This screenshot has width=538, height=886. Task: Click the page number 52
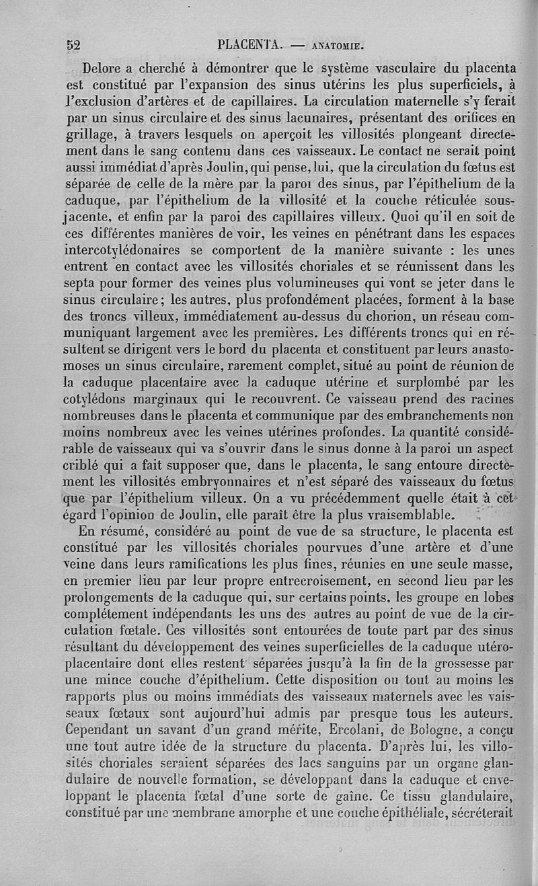(73, 46)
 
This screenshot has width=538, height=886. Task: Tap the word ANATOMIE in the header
(337, 47)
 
